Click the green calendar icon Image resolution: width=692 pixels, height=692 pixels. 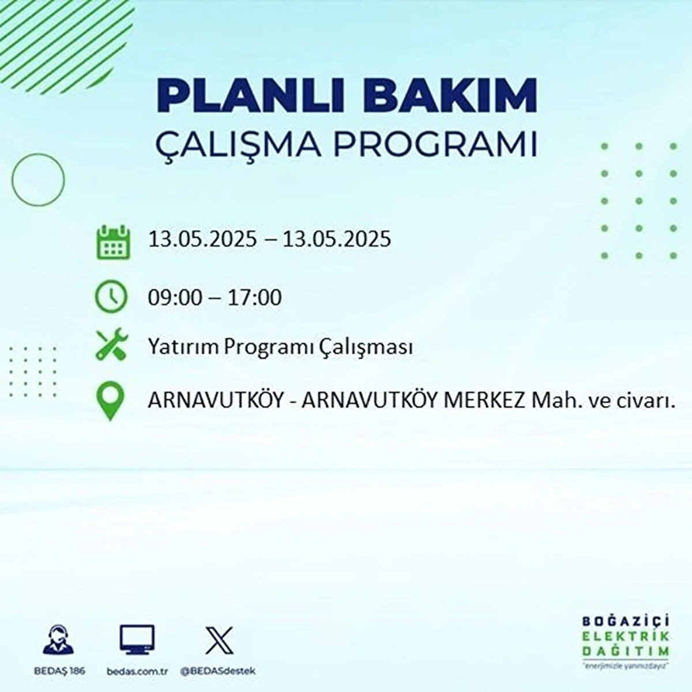[x=114, y=242]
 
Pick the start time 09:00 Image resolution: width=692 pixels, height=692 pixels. [x=175, y=298]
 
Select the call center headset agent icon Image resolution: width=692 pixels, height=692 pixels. [x=58, y=638]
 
